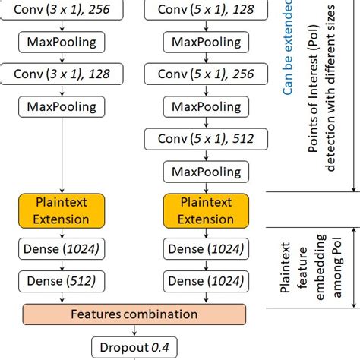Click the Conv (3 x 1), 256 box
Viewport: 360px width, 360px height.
click(x=60, y=11)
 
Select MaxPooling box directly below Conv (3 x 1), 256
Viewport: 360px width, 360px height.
click(x=60, y=42)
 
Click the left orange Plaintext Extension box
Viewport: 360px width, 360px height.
click(x=60, y=210)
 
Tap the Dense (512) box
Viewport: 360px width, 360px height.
click(x=60, y=280)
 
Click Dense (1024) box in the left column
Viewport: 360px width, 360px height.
click(x=60, y=249)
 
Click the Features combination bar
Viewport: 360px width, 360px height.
click(x=134, y=314)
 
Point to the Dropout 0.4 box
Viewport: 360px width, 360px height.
click(x=134, y=348)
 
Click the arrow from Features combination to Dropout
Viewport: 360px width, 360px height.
click(x=134, y=330)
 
